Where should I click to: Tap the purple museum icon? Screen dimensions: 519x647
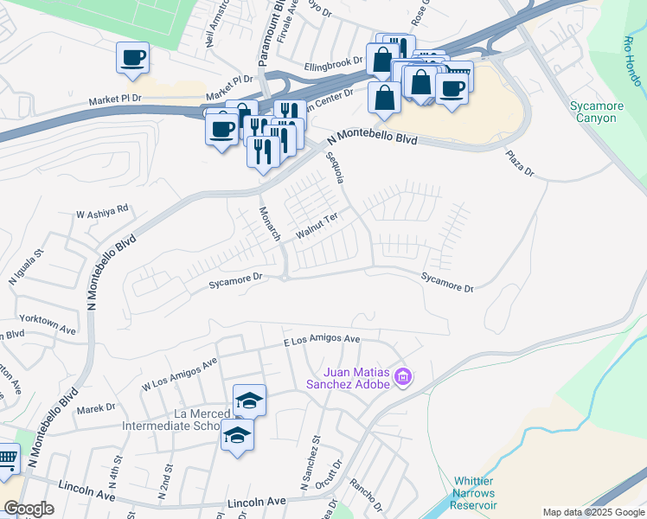[x=402, y=377]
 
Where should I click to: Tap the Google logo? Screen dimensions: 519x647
[x=29, y=509]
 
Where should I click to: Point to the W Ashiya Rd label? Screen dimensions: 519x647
[x=102, y=209]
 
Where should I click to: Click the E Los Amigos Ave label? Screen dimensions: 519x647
[x=322, y=341]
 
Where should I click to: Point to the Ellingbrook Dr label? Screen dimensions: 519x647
[x=333, y=63]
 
